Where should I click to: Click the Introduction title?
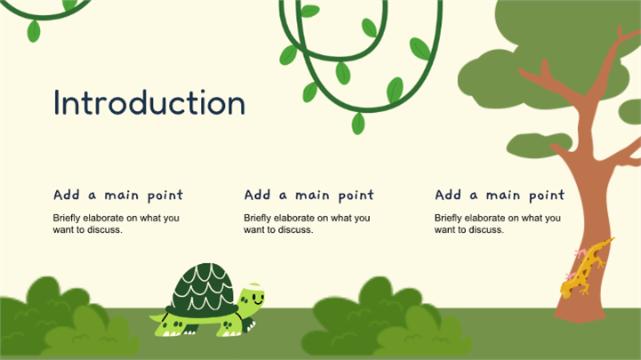point(149,102)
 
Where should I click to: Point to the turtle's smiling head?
point(252,297)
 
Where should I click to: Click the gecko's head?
point(566,291)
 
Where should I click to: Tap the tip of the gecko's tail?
point(613,238)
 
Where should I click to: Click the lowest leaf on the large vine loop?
point(358,124)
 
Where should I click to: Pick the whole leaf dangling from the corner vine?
point(34,31)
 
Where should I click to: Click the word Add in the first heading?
point(66,195)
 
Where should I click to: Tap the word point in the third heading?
point(547,196)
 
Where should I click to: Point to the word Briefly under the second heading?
point(258,218)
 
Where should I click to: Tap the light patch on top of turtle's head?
point(254,284)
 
